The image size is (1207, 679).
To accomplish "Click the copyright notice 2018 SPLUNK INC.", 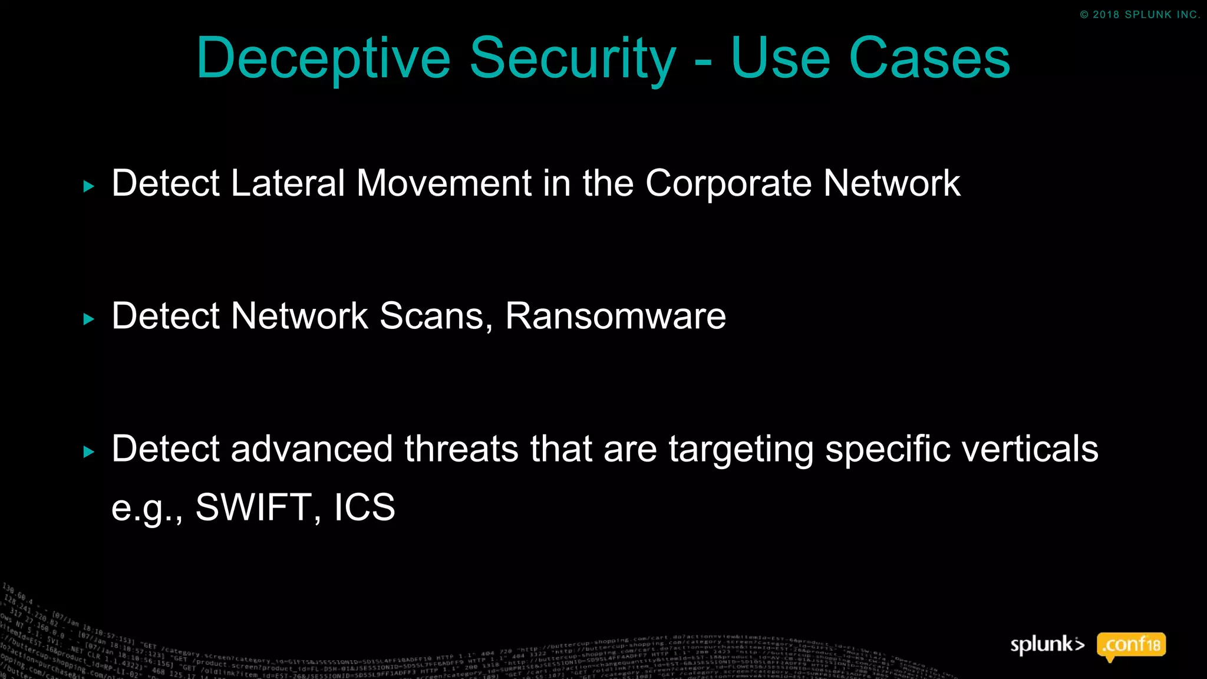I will (x=1139, y=15).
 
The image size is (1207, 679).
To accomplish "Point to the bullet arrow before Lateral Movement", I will (x=89, y=187).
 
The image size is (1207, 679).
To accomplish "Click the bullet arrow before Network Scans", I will (x=89, y=319).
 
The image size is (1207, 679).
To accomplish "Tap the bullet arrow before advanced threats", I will (x=89, y=452).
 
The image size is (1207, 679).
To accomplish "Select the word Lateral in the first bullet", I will (x=288, y=183).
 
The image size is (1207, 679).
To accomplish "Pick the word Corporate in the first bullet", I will (x=728, y=183).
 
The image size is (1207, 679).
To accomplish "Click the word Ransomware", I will (x=615, y=316).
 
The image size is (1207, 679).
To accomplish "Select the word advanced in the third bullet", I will (x=311, y=449).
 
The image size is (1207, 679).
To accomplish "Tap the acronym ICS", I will (x=364, y=507).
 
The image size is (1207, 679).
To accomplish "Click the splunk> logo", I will (x=1047, y=645).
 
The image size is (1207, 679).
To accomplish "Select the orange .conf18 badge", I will (x=1131, y=645).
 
